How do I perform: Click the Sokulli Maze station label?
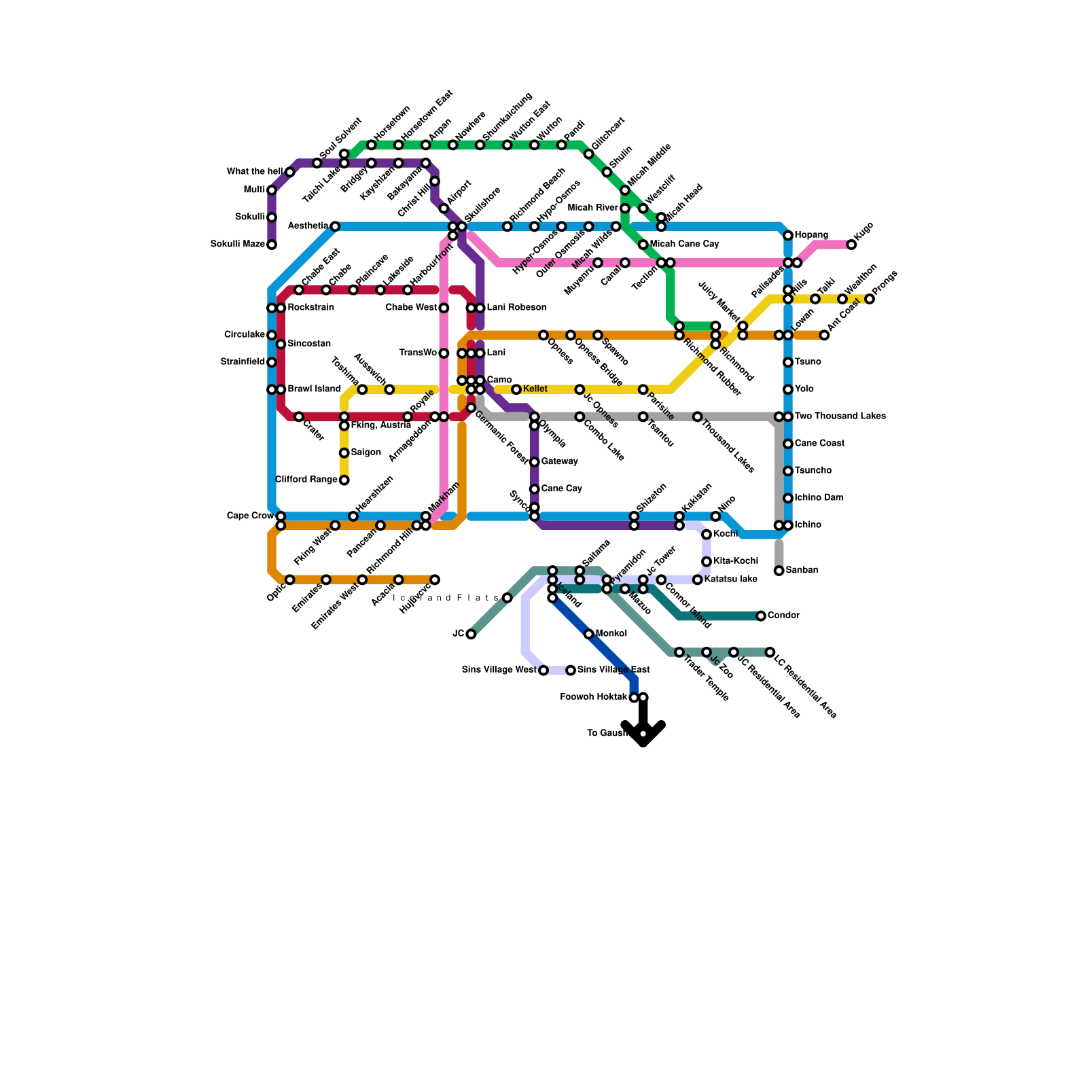(x=237, y=245)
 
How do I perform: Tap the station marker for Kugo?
(x=851, y=245)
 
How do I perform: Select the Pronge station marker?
(x=870, y=299)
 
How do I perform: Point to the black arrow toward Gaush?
(x=643, y=728)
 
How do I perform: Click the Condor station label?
(x=783, y=616)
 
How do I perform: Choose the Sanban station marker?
(x=779, y=571)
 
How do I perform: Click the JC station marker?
(x=471, y=634)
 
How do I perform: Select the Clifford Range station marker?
(x=344, y=480)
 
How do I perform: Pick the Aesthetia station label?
(x=308, y=226)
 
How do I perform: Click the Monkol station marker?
(x=588, y=634)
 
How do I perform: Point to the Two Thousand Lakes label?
(x=840, y=416)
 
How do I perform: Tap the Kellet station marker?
(x=516, y=389)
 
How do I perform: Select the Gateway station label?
(x=559, y=462)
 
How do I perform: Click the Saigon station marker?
(x=344, y=453)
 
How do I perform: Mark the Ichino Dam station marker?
(x=788, y=498)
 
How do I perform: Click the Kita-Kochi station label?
(x=736, y=561)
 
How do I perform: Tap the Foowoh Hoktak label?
(x=594, y=697)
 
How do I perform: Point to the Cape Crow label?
(x=250, y=516)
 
